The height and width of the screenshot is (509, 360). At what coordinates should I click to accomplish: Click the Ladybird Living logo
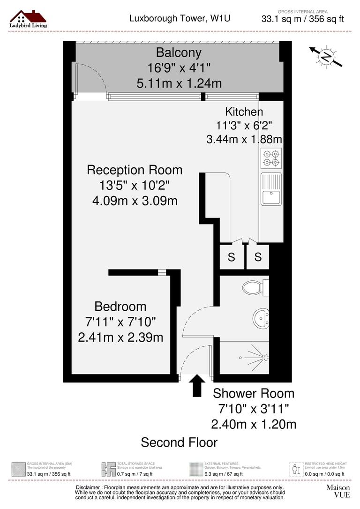pyautogui.click(x=28, y=19)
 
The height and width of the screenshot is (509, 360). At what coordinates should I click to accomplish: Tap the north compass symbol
pyautogui.click(x=325, y=57)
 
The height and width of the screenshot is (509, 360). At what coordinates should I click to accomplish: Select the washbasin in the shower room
pyautogui.click(x=260, y=319)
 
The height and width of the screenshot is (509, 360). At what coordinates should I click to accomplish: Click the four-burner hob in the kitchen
pyautogui.click(x=271, y=157)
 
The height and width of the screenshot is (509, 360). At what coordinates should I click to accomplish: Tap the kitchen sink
pyautogui.click(x=271, y=189)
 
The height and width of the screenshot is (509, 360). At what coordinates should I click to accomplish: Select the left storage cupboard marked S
pyautogui.click(x=232, y=257)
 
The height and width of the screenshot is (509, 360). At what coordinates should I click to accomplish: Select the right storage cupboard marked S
pyautogui.click(x=258, y=257)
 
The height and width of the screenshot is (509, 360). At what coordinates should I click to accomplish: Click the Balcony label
pyautogui.click(x=179, y=52)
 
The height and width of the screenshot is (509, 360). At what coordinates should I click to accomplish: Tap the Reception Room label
pyautogui.click(x=135, y=170)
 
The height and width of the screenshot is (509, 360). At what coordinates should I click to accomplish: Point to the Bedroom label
pyautogui.click(x=120, y=307)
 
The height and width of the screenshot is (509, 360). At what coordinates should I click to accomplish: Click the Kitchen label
pyautogui.click(x=244, y=112)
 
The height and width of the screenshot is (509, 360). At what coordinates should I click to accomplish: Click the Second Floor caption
pyautogui.click(x=180, y=442)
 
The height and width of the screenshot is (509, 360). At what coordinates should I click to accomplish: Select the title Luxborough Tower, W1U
pyautogui.click(x=180, y=19)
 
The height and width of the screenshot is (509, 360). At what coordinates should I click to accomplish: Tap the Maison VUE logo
pyautogui.click(x=338, y=491)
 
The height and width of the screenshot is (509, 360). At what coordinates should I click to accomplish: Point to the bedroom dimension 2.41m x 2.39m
pyautogui.click(x=120, y=337)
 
